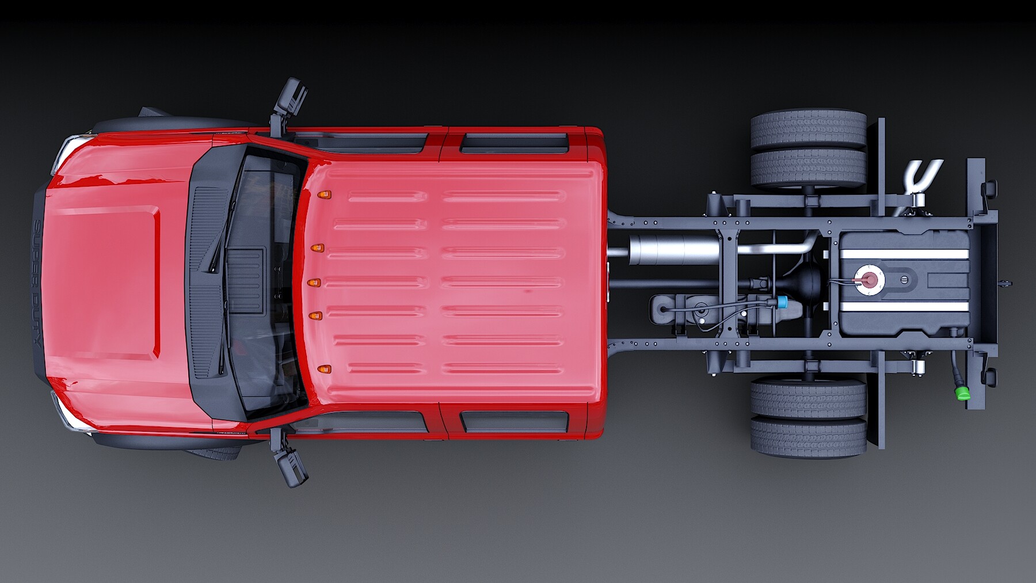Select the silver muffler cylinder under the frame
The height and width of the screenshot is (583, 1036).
click(673, 250)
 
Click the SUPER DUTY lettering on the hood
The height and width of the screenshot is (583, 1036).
click(37, 282)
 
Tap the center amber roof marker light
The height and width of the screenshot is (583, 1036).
click(314, 283)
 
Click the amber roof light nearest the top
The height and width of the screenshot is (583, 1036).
click(324, 195)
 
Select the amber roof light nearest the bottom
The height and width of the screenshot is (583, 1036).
click(324, 369)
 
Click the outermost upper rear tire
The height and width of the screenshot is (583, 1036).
click(808, 129)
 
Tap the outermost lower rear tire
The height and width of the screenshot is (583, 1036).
click(808, 437)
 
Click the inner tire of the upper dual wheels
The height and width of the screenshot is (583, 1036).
click(808, 168)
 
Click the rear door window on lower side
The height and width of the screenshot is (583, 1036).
click(514, 422)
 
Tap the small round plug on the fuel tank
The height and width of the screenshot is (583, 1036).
click(904, 280)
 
